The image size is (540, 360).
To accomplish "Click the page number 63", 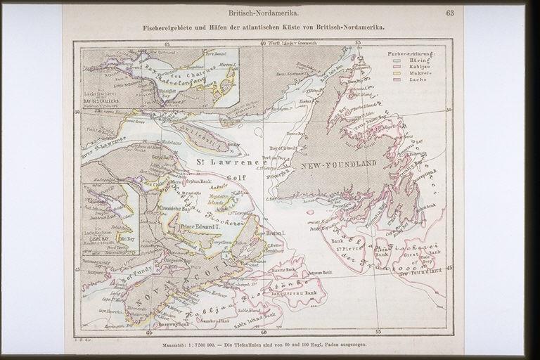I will pyautogui.click(x=449, y=13).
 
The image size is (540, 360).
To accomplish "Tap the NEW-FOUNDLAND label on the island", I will pyautogui.click(x=338, y=164).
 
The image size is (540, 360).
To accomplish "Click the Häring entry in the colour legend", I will pyautogui.click(x=415, y=62).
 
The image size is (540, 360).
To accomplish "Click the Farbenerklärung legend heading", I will pyautogui.click(x=411, y=54).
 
